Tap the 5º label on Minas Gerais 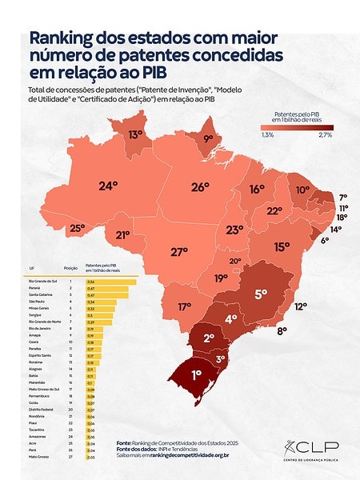[261, 294]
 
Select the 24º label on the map [108, 186]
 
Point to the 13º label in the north [136, 135]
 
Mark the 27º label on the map [179, 251]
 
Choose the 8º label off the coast [282, 330]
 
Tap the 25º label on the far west [77, 228]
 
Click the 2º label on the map [208, 338]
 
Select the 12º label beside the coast [301, 306]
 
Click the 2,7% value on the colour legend [326, 135]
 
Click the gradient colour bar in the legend [296, 126]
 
